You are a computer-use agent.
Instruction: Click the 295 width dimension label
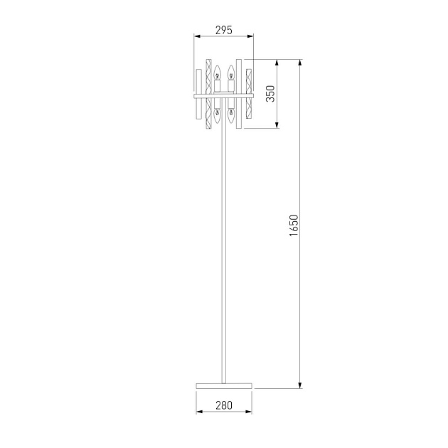click(224, 30)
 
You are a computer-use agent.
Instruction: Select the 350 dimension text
click(270, 94)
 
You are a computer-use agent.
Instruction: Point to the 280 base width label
click(223, 406)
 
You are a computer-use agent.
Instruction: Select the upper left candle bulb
click(218, 73)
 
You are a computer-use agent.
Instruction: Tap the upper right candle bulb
click(231, 73)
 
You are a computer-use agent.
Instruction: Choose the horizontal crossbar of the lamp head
click(224, 93)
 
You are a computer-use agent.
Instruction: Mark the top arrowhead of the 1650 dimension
click(301, 63)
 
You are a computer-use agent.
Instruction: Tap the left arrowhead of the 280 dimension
click(198, 415)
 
